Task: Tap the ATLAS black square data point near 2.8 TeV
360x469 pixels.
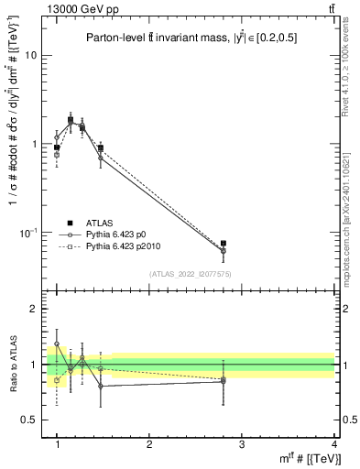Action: click(224, 244)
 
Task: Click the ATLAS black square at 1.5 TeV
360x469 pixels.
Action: click(101, 147)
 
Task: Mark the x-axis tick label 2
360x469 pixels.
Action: click(149, 444)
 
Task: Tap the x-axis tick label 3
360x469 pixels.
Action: click(242, 444)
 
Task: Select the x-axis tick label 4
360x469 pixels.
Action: click(333, 444)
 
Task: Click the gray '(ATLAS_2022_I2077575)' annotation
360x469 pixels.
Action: click(191, 273)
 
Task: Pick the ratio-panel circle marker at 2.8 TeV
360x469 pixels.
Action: click(224, 380)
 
